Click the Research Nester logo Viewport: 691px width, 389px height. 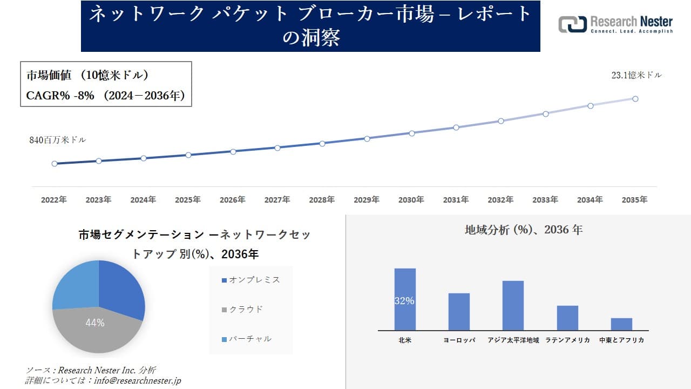615,24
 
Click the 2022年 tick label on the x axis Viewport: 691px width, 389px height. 54,200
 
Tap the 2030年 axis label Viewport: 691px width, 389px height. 411,200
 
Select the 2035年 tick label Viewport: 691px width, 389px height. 634,200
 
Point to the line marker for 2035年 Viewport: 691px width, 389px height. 635,99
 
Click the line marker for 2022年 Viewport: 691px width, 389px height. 55,164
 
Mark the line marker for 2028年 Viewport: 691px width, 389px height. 322,144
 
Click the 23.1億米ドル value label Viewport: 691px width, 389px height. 636,76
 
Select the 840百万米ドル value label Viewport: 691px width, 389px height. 57,140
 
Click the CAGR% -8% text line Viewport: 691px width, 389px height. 106,96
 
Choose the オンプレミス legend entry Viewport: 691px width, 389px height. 250,280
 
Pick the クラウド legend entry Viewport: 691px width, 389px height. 242,310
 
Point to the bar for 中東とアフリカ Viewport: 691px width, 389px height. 621,324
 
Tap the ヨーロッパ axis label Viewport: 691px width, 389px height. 459,340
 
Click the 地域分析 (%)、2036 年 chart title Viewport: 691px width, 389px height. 524,230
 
